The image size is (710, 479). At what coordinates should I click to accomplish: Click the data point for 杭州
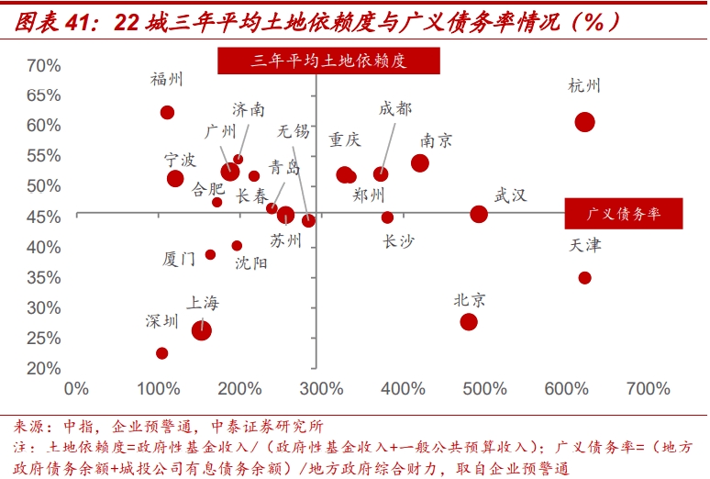point(584,122)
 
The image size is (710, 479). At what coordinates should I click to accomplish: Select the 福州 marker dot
point(167,112)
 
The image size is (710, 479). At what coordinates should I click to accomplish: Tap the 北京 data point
point(469,322)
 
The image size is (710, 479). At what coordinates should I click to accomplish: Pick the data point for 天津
point(584,277)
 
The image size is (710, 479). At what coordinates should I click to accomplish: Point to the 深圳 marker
point(162,353)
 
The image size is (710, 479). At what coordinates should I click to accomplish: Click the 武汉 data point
point(479,214)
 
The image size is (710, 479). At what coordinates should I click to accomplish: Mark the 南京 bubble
point(420,163)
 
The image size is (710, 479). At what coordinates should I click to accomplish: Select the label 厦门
point(178,260)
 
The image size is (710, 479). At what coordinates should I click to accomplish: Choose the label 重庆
point(345,140)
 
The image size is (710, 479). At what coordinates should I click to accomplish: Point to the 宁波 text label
point(180,160)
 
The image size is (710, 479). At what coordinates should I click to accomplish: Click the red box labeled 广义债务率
point(625,213)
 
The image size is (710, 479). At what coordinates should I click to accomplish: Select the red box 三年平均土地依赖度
point(327,61)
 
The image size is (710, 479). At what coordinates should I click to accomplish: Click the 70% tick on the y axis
point(43,65)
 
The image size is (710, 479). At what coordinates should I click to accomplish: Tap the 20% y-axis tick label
point(43,368)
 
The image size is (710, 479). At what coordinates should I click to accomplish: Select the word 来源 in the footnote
point(31,427)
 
